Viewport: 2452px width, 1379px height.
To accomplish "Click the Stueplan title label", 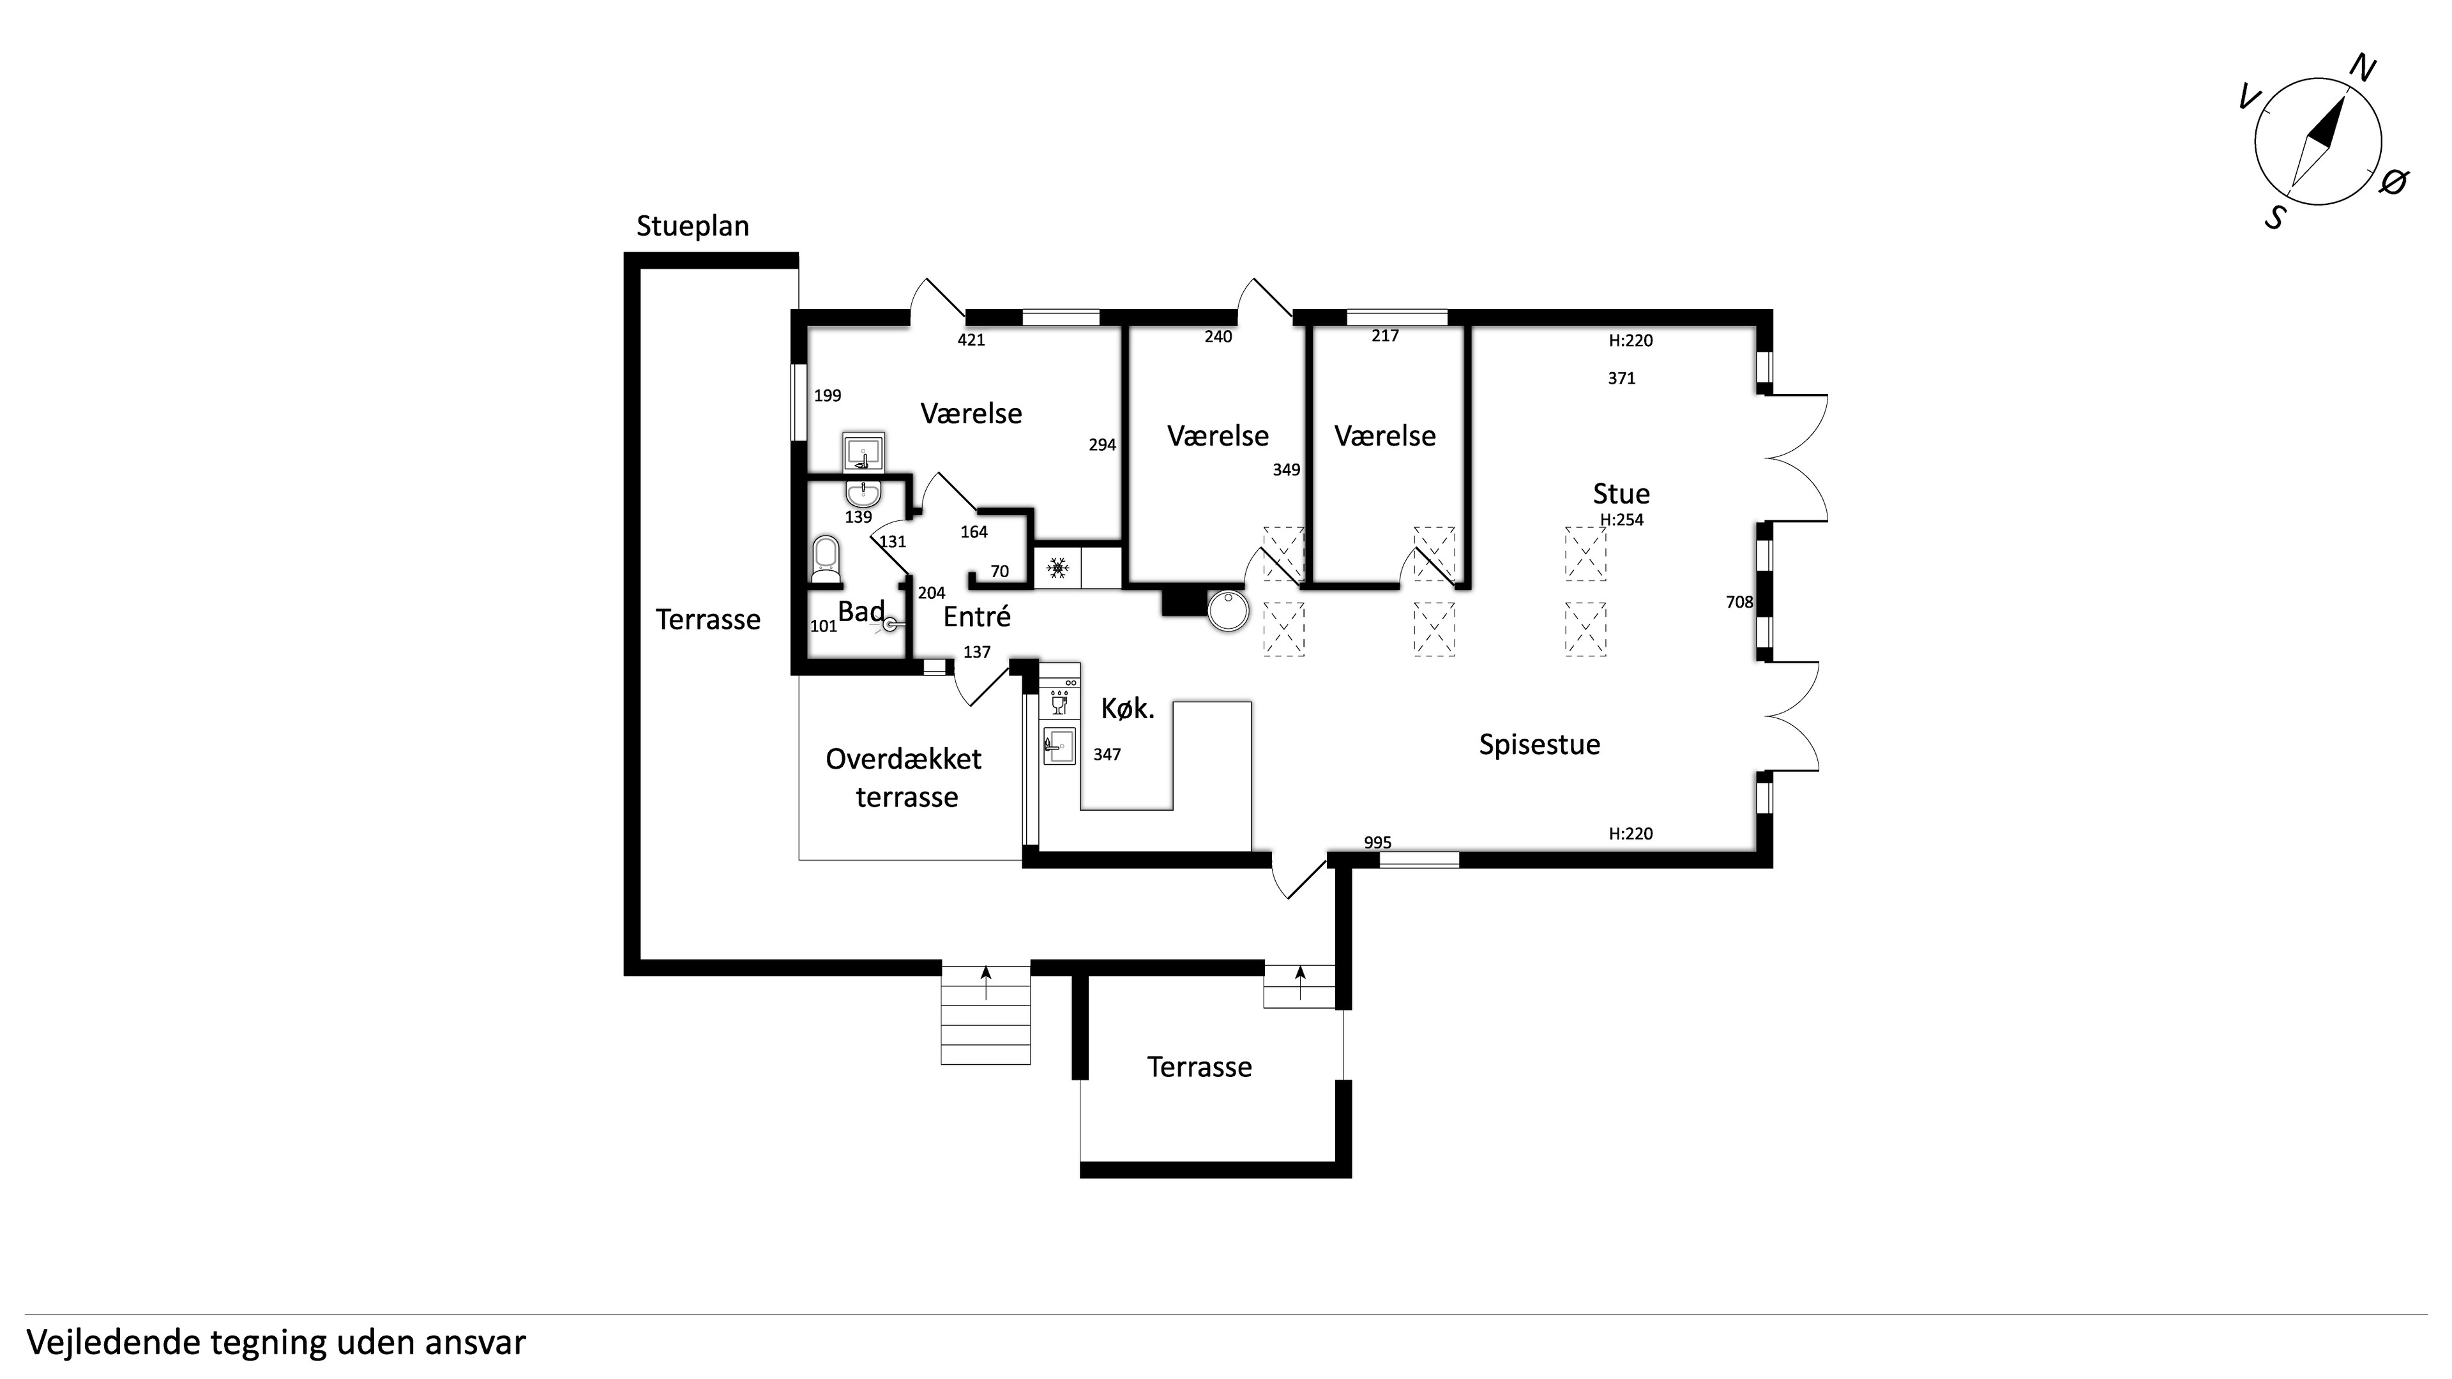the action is [692, 227].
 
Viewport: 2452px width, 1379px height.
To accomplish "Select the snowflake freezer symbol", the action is [1057, 569].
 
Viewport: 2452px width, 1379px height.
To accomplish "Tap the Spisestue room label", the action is [1539, 744].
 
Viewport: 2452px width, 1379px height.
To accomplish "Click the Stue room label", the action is [1621, 494].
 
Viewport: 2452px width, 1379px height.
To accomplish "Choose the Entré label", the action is [976, 617].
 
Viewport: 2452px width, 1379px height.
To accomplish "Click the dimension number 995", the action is [1377, 842].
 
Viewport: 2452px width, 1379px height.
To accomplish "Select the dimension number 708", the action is [1739, 601].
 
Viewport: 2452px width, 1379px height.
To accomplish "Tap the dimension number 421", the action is [971, 340].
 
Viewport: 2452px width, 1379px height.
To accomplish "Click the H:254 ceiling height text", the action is [1621, 520].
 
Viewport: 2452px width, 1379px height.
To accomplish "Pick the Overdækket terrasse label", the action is [904, 778].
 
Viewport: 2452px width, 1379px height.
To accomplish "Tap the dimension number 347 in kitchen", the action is [1107, 755].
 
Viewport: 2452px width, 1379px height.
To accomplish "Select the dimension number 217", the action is [1385, 336].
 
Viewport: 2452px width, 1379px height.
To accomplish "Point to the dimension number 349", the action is [1286, 469].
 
